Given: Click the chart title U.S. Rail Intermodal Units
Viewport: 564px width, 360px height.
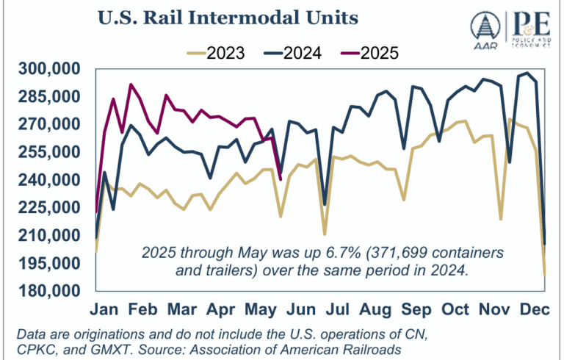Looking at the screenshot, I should tap(187, 15).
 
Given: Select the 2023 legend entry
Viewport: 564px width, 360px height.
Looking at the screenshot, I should tap(217, 52).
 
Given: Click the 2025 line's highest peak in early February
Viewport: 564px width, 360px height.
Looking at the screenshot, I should tap(131, 84).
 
